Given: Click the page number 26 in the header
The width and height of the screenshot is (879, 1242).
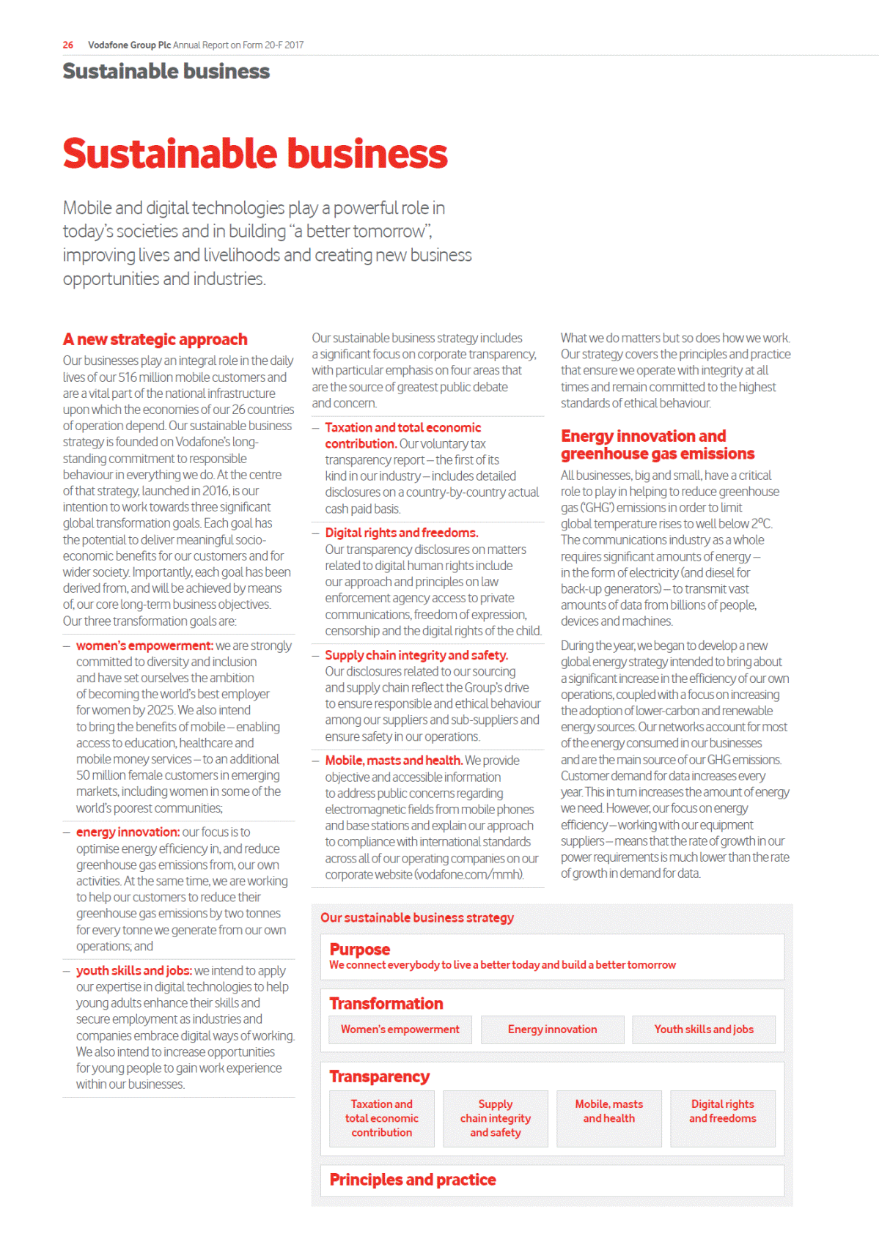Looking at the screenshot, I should point(68,45).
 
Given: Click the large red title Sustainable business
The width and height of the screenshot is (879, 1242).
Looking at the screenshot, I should point(254,154).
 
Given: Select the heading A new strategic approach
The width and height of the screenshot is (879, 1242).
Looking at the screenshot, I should point(155,340).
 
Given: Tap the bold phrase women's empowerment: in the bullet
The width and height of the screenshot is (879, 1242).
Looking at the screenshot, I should point(144,646).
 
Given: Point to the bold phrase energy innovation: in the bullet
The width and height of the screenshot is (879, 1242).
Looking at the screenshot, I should point(128,832).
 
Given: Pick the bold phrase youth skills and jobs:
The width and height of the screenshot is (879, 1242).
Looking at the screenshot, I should point(133,971).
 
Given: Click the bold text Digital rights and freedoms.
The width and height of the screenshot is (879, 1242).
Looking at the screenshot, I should point(401,533).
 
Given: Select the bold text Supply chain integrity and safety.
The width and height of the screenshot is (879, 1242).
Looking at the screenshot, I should point(416,655).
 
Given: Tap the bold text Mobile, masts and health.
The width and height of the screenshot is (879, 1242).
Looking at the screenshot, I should point(393,761).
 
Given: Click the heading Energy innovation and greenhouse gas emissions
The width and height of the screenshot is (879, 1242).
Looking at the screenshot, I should point(657,445).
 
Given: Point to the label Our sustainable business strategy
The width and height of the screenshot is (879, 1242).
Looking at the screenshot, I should point(416,918).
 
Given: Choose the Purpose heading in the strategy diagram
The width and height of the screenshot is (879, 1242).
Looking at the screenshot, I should point(359,950).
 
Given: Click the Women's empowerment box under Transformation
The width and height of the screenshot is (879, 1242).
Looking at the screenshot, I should point(400,1030).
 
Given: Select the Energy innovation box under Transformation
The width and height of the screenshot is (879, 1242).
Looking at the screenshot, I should point(552,1030).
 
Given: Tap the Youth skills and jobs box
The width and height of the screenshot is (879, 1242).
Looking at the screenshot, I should point(704,1030).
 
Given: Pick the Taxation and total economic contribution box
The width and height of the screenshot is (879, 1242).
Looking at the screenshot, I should point(381,1118).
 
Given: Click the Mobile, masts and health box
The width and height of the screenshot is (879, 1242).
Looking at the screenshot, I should point(608,1112).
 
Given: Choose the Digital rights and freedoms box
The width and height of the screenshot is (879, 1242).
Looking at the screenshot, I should point(722,1112).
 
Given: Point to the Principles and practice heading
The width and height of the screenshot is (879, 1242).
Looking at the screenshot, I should point(412,1180).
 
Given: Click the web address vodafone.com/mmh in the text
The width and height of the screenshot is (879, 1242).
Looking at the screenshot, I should point(468,875).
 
